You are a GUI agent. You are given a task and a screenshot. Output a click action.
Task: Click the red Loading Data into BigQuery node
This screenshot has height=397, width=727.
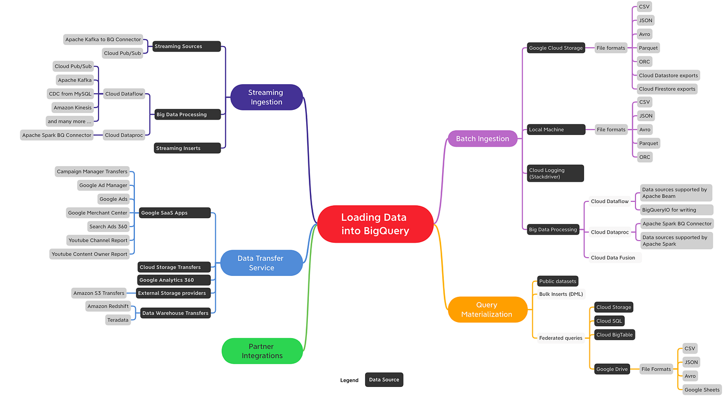click(375, 224)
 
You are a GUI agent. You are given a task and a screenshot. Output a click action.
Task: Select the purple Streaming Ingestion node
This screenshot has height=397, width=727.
click(266, 97)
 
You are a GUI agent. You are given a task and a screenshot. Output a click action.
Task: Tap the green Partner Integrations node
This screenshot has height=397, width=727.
click(262, 351)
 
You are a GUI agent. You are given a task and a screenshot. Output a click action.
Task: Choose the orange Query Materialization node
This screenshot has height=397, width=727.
click(487, 310)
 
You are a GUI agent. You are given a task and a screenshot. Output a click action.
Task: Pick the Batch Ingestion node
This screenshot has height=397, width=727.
click(482, 139)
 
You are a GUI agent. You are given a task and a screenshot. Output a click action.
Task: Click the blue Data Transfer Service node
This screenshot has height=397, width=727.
click(261, 263)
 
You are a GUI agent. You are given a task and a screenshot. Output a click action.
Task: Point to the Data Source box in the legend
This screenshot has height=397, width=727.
click(384, 380)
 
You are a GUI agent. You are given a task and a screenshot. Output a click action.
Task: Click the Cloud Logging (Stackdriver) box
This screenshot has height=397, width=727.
click(555, 174)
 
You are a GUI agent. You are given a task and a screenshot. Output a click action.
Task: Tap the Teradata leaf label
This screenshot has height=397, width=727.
click(118, 320)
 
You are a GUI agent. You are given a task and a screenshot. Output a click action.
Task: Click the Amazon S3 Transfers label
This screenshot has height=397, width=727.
click(99, 293)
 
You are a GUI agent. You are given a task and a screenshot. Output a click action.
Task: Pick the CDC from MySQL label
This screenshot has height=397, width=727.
click(71, 94)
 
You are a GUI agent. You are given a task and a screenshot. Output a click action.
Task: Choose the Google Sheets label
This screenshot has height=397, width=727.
click(702, 389)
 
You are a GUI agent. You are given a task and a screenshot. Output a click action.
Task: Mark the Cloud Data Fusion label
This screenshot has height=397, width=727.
click(613, 258)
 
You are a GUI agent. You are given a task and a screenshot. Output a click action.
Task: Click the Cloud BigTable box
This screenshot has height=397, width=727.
click(614, 335)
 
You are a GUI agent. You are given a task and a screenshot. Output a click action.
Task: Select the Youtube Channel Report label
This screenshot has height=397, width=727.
click(98, 240)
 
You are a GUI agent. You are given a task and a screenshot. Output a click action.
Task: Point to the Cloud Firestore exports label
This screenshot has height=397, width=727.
click(667, 89)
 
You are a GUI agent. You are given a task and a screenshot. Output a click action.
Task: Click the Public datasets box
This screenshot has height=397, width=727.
click(557, 281)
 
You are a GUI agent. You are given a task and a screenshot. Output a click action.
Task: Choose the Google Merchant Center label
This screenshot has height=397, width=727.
click(97, 213)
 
